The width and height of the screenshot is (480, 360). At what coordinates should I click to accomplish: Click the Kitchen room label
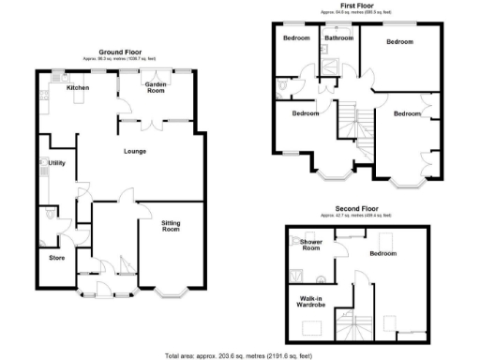tap(77, 88)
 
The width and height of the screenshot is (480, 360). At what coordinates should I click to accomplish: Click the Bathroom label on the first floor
tap(337, 37)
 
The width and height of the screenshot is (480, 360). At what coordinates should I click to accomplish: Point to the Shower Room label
tap(311, 246)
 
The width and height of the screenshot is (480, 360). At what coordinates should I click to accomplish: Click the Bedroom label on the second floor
tap(382, 253)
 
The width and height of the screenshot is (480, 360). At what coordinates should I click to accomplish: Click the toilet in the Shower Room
tap(323, 278)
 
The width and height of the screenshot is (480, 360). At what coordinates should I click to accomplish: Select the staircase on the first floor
tap(352, 120)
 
